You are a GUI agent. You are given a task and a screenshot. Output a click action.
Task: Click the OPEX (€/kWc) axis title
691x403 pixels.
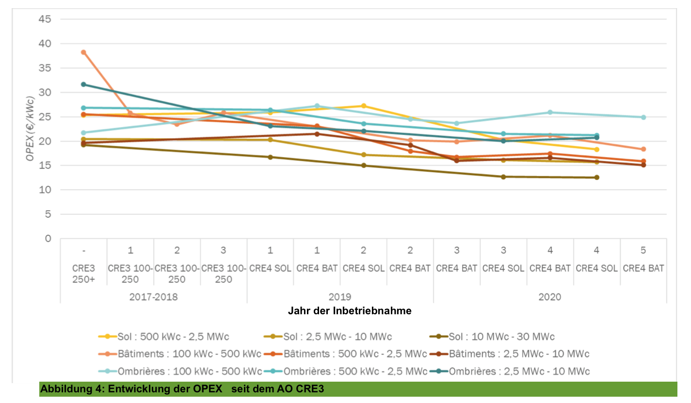(31, 129)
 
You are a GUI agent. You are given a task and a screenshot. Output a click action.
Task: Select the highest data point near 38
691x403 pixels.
(83, 52)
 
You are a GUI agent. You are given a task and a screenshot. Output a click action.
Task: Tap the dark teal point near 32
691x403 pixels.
(83, 84)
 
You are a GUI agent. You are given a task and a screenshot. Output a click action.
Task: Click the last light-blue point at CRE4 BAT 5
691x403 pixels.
(643, 117)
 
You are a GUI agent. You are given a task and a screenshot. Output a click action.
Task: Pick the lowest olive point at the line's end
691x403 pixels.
(596, 177)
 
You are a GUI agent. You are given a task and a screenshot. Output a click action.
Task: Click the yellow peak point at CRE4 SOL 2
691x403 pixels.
(363, 106)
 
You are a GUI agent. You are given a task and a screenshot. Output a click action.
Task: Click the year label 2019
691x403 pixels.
(340, 297)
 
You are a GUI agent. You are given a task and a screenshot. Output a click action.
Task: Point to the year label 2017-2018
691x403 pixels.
(153, 297)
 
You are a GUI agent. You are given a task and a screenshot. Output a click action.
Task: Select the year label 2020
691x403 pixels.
(549, 297)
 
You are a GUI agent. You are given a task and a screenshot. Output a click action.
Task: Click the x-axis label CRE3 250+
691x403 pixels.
(84, 274)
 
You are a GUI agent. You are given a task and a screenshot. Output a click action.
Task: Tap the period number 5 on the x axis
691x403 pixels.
(643, 250)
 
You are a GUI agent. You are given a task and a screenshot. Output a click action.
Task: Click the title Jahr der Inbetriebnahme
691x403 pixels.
(350, 311)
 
